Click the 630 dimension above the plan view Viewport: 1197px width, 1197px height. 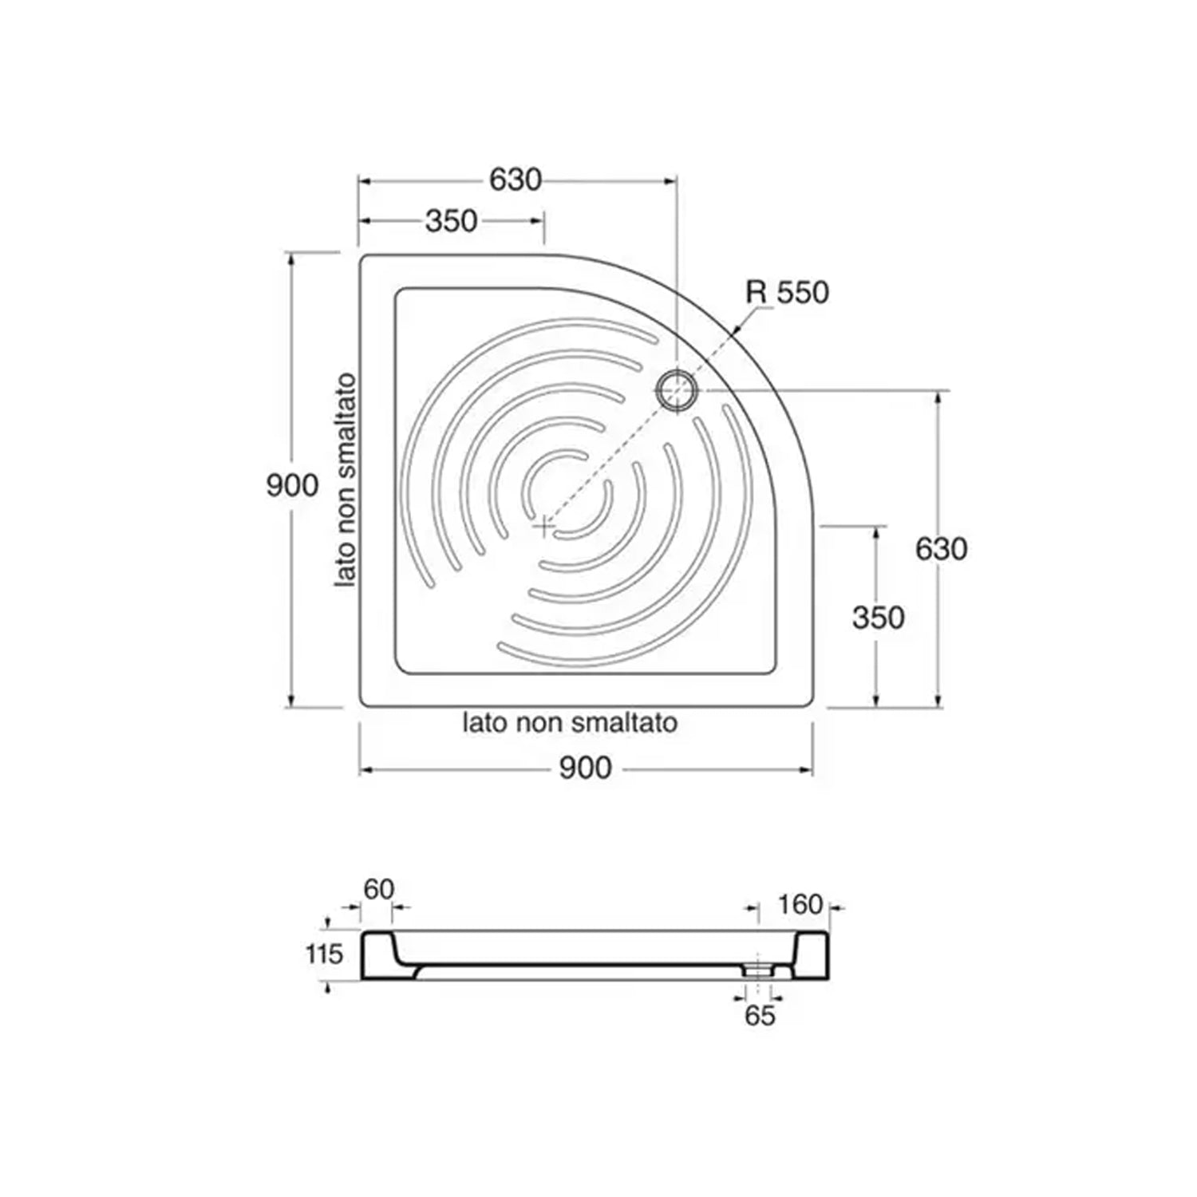tap(516, 180)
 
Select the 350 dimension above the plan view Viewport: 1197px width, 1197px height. tap(451, 221)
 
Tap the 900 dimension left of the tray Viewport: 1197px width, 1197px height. tap(292, 485)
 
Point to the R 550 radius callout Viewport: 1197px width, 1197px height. tap(787, 293)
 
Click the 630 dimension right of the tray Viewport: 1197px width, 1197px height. tap(942, 549)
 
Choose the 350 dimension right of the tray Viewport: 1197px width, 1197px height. tap(879, 618)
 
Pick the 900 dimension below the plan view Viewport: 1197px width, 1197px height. tap(586, 768)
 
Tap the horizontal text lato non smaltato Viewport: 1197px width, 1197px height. tap(571, 723)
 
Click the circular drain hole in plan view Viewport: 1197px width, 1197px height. tap(677, 391)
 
